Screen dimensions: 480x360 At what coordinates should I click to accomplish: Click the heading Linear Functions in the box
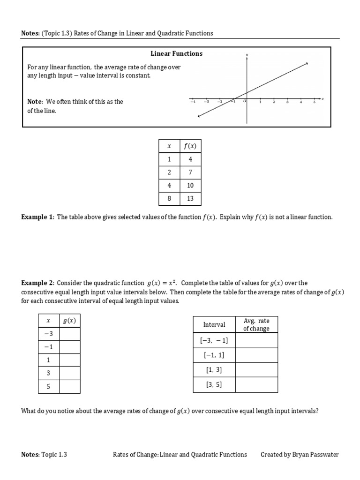(176, 53)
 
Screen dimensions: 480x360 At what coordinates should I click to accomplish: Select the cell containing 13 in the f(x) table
(190, 198)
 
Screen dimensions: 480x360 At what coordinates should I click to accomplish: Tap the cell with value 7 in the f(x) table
(190, 172)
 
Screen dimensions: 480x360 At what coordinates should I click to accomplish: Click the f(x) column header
(190, 146)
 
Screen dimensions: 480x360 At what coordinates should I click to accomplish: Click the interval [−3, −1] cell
(214, 340)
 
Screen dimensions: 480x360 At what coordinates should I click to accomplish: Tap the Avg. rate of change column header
(256, 324)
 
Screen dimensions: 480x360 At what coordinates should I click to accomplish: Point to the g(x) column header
(69, 321)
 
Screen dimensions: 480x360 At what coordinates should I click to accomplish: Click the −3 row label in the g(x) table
(48, 333)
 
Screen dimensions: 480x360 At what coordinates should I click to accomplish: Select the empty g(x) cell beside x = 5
(69, 387)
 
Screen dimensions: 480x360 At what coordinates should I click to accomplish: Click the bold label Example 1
(37, 217)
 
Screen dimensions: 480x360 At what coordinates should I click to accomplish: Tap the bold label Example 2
(37, 283)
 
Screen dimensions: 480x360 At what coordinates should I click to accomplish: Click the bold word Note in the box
(35, 101)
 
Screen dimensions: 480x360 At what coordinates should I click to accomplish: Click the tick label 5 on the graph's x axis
(315, 103)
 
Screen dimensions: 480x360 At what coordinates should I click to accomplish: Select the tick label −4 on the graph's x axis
(193, 103)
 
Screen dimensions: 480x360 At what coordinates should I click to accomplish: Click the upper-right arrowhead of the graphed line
(307, 63)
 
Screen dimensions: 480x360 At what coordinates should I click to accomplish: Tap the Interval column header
(214, 324)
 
